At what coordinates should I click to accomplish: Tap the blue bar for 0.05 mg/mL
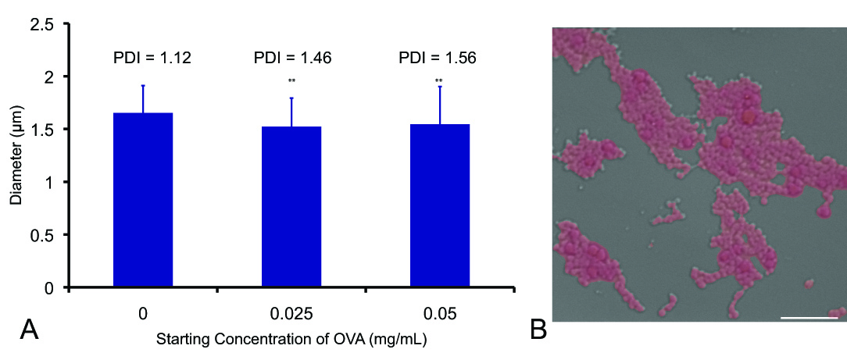(x=440, y=206)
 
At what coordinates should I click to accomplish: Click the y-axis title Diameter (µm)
(x=16, y=156)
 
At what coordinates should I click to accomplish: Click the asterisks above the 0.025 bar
(x=291, y=80)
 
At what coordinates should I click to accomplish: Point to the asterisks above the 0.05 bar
(x=439, y=80)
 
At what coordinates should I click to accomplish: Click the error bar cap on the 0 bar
(x=143, y=86)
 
